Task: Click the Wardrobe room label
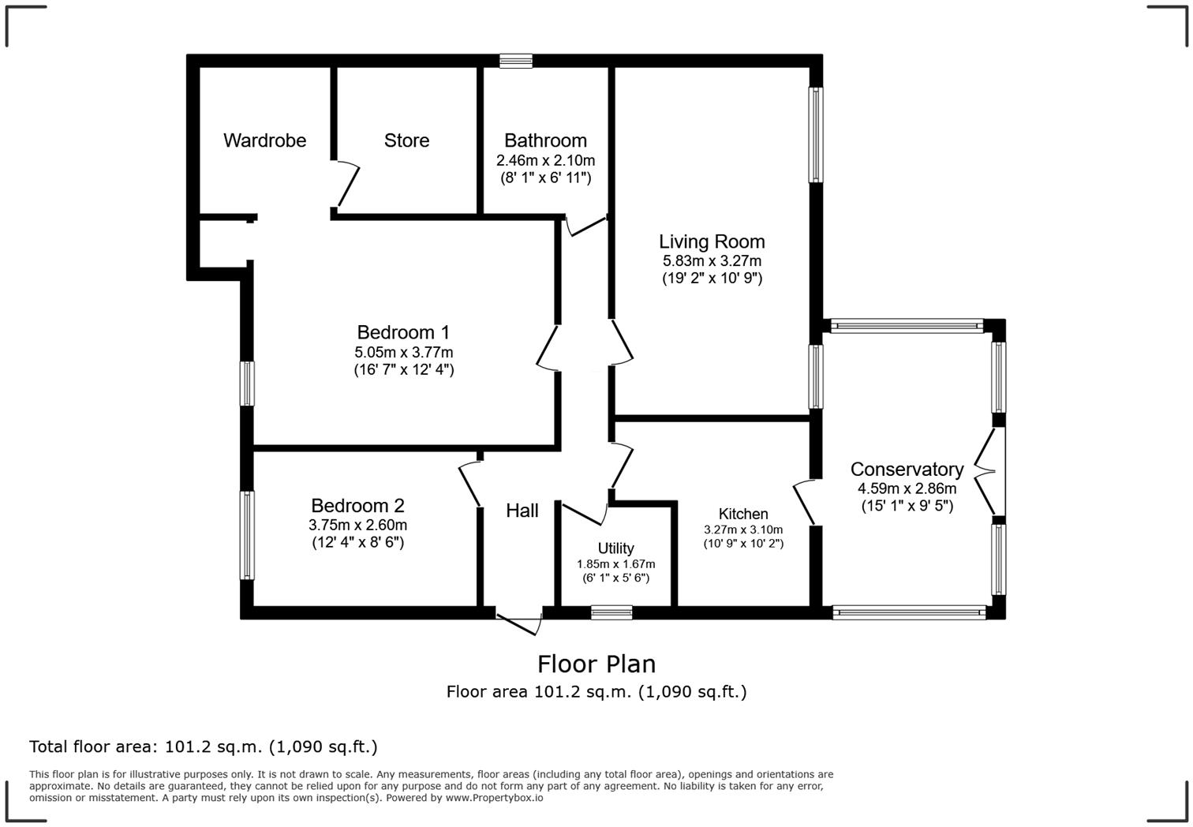[x=264, y=140]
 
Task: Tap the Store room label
[x=406, y=140]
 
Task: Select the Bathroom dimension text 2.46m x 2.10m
[x=545, y=161]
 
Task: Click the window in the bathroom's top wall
[x=516, y=61]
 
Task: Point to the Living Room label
[x=712, y=241]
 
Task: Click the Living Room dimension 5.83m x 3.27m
[x=712, y=261]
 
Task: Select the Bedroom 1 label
[x=403, y=332]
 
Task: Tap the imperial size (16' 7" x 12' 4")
[x=403, y=369]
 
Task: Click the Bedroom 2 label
[x=357, y=505]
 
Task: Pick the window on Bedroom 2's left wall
[x=248, y=535]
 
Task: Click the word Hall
[x=522, y=511]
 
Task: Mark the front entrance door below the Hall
[x=519, y=621]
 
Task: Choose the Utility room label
[x=615, y=548]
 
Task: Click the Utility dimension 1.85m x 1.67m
[x=615, y=564]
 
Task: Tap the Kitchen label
[x=742, y=514]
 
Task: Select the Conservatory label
[x=907, y=470]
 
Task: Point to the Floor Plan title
[x=596, y=664]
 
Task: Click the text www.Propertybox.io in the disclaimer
[x=494, y=798]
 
